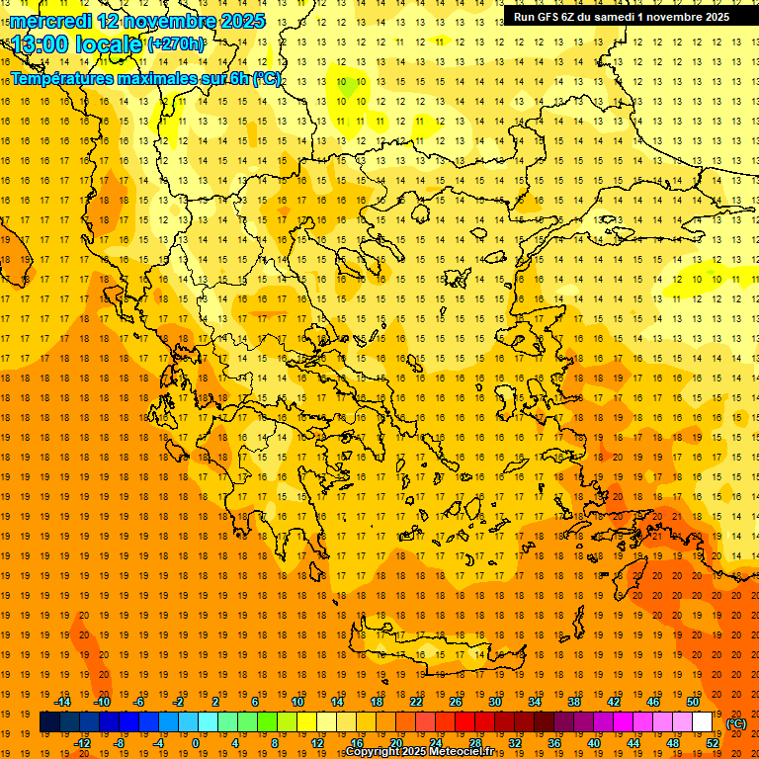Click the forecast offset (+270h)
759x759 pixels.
click(x=176, y=44)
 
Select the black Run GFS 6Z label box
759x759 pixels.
click(x=617, y=17)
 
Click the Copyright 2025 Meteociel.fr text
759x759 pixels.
click(x=419, y=752)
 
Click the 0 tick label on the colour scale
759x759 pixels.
click(x=195, y=743)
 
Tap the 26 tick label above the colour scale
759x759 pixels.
click(x=455, y=702)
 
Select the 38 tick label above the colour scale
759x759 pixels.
click(x=573, y=702)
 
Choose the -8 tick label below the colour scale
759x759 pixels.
click(x=120, y=743)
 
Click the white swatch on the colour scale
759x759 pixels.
click(x=703, y=722)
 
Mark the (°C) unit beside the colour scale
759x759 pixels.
click(x=736, y=723)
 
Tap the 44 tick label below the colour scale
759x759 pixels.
click(x=634, y=743)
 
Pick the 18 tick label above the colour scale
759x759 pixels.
click(x=376, y=702)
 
